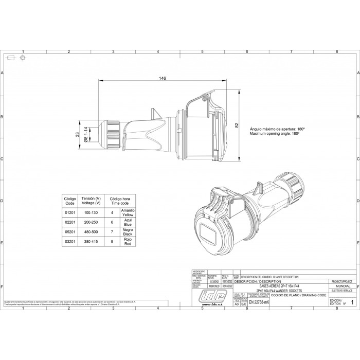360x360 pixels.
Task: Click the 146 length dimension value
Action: pos(163,79)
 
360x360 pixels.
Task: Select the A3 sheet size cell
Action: pos(237,304)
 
